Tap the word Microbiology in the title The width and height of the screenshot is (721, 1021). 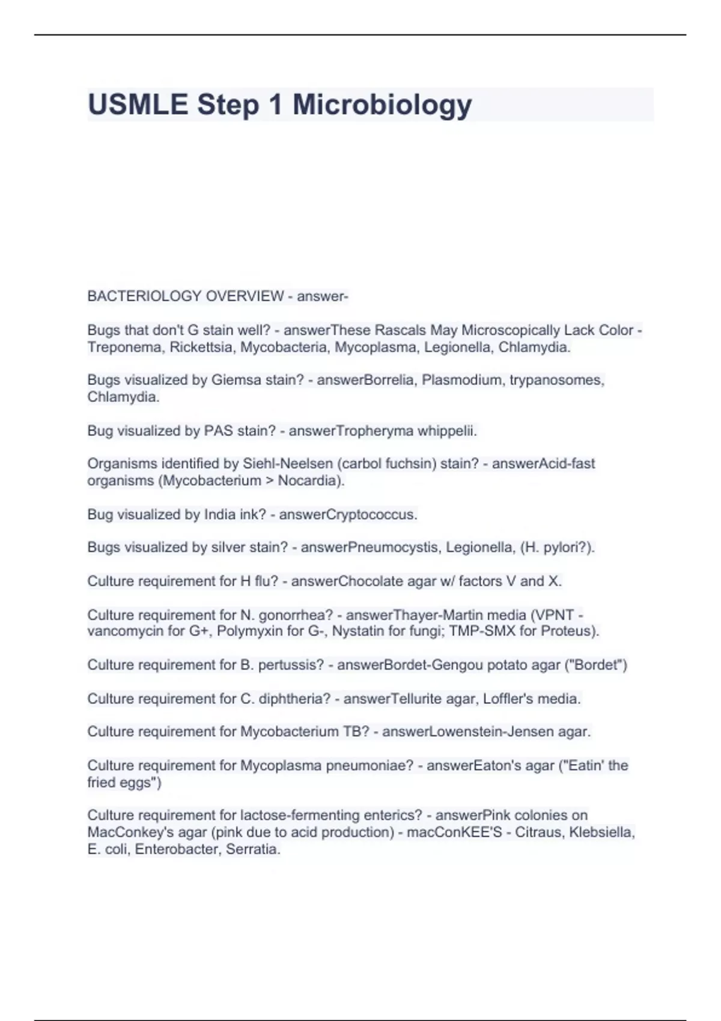tap(382, 105)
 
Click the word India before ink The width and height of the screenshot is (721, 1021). tap(220, 515)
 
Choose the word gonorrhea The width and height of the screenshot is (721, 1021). tap(295, 615)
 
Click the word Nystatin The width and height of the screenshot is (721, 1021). tap(357, 631)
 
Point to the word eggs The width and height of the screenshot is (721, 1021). tap(137, 783)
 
